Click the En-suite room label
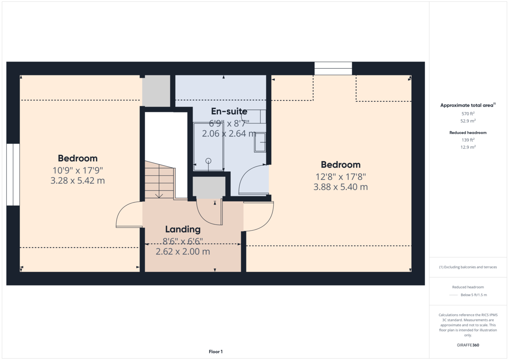point(229,112)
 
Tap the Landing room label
point(183,229)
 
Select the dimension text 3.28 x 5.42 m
point(78,181)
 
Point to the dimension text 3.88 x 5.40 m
point(341,187)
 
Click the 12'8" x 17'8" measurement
point(341,176)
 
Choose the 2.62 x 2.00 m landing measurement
point(183,251)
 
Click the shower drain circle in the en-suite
point(208,161)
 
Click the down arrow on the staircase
point(159,195)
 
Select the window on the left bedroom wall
point(13,174)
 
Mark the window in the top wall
point(333,69)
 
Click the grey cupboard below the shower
point(209,187)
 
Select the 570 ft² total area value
point(468,114)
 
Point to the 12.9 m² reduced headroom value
point(468,147)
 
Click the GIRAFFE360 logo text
point(468,345)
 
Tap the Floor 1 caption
point(215,352)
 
